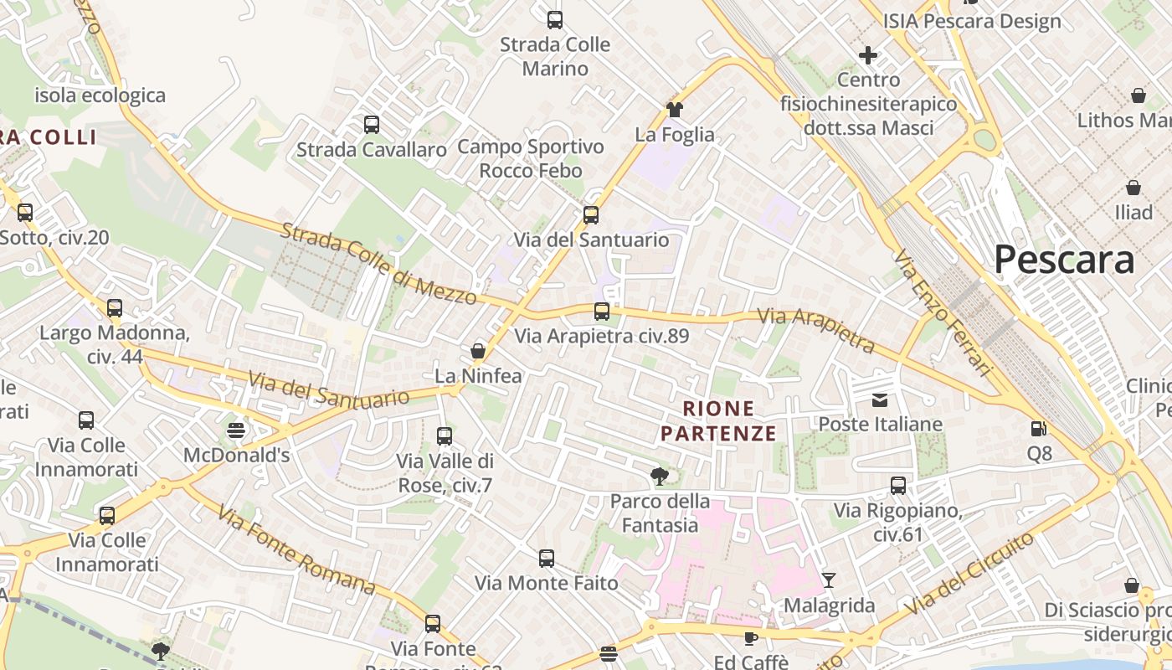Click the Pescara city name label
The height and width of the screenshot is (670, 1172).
1064,260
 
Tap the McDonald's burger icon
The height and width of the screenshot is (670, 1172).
236,430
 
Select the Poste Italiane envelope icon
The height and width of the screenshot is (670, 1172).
880,400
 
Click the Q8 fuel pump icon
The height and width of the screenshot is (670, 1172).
1039,429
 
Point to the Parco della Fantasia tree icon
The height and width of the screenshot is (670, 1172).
660,477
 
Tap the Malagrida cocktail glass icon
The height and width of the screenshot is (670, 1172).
829,580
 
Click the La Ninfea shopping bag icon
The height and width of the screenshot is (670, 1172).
478,350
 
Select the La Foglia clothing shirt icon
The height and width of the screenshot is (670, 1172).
675,109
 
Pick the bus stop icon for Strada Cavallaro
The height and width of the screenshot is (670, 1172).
372,125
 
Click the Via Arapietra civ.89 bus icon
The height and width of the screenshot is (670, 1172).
602,312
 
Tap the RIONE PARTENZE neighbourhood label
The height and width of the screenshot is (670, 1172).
718,420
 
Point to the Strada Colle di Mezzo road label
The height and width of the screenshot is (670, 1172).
378,264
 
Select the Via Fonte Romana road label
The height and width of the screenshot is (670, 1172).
296,549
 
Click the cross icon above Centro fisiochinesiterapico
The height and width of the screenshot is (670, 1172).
868,55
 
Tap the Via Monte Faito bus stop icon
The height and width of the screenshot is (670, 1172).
547,558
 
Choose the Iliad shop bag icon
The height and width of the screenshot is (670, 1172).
1133,188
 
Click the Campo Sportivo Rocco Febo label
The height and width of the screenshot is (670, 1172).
531,158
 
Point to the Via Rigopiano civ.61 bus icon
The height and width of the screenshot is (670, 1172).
898,485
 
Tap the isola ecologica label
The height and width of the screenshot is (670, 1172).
100,95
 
